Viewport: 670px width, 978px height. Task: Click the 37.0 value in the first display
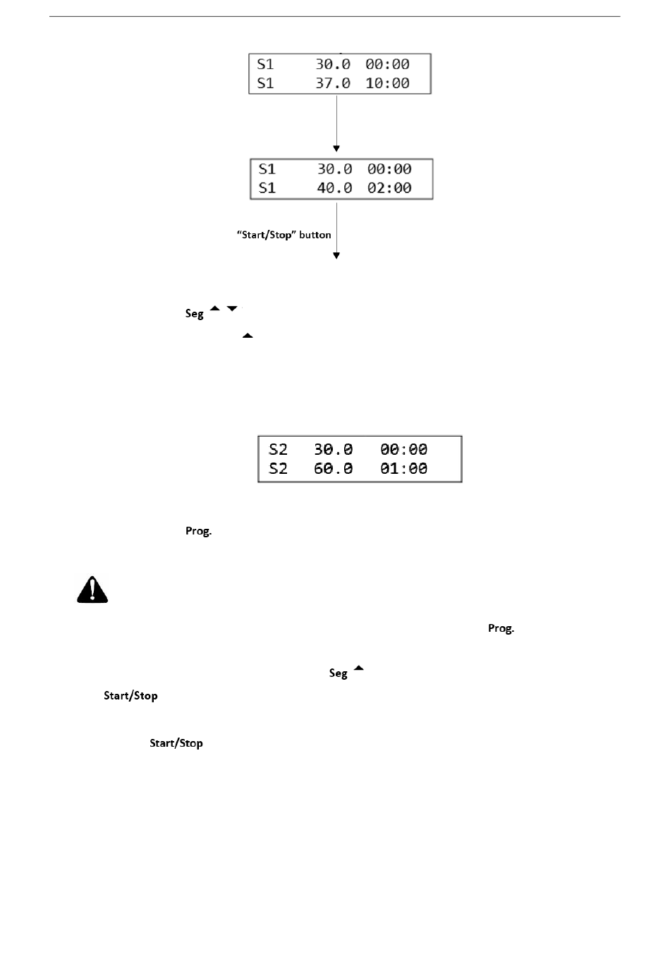tap(333, 83)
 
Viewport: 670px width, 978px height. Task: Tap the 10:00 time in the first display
tap(387, 83)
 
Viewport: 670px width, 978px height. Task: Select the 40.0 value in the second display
tap(334, 188)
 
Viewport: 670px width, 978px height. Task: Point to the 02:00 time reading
tap(389, 188)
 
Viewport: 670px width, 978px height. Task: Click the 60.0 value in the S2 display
tap(334, 468)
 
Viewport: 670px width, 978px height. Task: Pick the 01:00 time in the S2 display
tap(403, 468)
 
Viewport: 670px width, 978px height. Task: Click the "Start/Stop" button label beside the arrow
tap(284, 235)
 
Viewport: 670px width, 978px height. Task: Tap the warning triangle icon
tap(92, 589)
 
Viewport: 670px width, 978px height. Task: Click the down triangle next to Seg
tap(232, 308)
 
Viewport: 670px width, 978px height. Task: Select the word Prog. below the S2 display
tap(198, 531)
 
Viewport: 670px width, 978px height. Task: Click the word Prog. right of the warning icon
tap(501, 628)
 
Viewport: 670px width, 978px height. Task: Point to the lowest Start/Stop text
tap(176, 743)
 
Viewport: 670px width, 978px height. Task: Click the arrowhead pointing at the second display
tap(336, 149)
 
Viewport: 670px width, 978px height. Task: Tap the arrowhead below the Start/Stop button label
tap(336, 256)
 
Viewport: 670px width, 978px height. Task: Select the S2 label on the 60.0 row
tap(278, 468)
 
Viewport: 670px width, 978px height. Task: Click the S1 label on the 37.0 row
tap(265, 83)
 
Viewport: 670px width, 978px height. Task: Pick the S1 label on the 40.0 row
tap(267, 188)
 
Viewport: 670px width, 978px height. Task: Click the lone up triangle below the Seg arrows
tap(248, 336)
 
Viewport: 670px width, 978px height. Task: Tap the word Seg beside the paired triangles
tap(195, 314)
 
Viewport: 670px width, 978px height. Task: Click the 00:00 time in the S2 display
tap(403, 449)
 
